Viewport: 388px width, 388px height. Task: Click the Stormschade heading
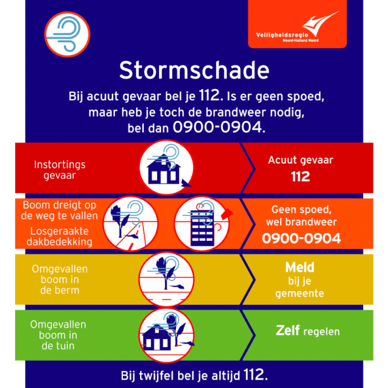click(194, 71)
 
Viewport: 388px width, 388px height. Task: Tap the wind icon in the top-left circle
click(67, 33)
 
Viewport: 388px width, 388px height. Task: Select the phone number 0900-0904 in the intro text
click(218, 128)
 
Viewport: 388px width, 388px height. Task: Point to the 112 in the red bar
click(301, 176)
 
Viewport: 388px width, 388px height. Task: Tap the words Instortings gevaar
click(60, 170)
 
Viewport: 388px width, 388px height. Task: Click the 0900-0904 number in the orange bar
click(301, 238)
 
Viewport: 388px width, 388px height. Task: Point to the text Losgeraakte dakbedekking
click(60, 236)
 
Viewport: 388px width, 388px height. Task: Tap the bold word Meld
click(300, 267)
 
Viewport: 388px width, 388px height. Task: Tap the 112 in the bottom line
click(254, 373)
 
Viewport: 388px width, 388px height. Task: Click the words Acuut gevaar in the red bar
click(301, 160)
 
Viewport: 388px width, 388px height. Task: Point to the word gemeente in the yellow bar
click(299, 294)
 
